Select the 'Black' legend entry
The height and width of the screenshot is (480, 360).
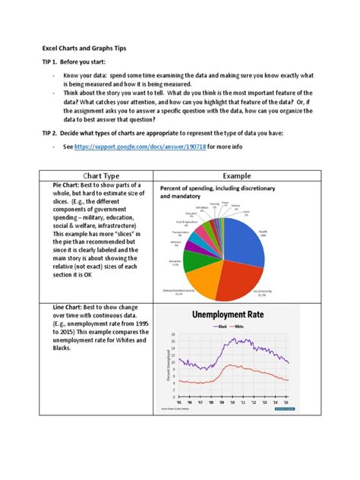223,327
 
